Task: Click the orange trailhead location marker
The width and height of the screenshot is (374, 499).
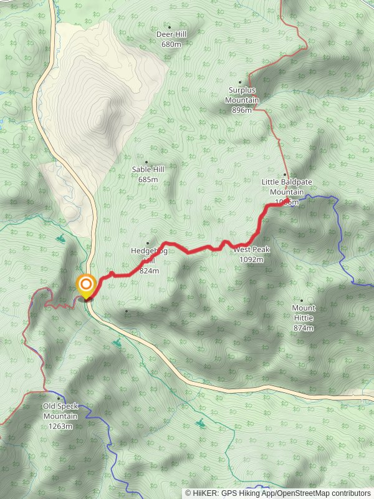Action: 85,286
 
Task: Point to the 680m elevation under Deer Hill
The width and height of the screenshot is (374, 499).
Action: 171,44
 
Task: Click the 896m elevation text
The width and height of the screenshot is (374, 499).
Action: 242,110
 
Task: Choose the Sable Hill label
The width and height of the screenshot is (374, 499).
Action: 148,170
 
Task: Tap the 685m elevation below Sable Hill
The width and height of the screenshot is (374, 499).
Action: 148,180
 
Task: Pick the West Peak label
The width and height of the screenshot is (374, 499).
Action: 252,249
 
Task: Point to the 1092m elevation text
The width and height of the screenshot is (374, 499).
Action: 251,259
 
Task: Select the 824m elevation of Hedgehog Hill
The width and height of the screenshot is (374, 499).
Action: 150,271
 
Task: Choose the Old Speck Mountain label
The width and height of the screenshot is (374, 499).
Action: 60,411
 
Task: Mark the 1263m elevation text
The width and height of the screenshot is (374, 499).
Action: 60,426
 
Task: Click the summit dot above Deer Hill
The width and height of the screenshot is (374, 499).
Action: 169,27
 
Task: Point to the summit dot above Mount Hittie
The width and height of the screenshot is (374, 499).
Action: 302,301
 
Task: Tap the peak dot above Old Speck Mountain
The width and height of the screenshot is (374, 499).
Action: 59,398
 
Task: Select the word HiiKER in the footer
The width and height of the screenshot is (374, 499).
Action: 204,493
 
